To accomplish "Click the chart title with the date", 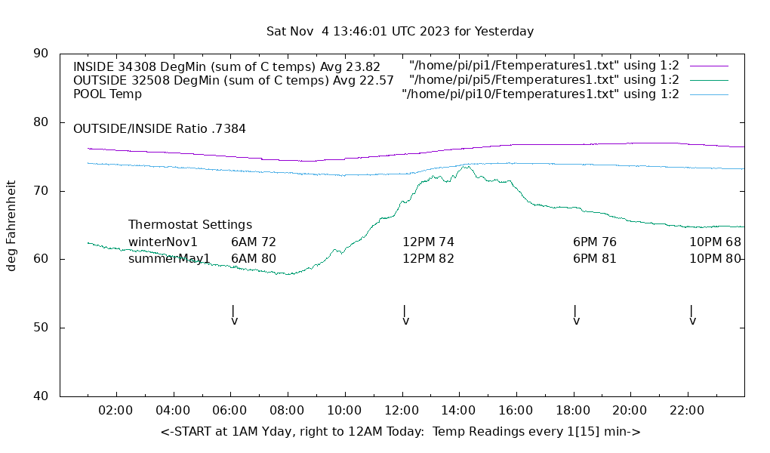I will point(400,32).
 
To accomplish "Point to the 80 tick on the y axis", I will point(42,122).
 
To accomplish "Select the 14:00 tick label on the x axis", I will point(458,411).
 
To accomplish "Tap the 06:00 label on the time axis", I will point(230,411).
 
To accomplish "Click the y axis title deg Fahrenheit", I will point(12,225).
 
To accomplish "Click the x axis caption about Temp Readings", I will point(400,432).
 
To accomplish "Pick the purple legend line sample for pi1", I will point(708,66).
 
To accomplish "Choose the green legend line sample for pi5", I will point(708,80).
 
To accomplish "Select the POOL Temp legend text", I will point(107,94).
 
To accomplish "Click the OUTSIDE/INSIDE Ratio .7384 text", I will point(159,129).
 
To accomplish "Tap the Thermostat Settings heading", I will point(190,225).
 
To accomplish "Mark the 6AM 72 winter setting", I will point(254,242).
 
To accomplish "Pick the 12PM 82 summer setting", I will point(428,259).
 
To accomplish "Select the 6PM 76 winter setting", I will point(595,242).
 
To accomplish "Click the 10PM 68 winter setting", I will point(715,242).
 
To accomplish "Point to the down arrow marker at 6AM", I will point(234,316).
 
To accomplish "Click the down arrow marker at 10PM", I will point(692,316).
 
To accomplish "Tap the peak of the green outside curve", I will point(466,167).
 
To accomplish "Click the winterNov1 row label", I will point(163,242).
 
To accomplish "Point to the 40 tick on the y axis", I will point(42,396).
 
